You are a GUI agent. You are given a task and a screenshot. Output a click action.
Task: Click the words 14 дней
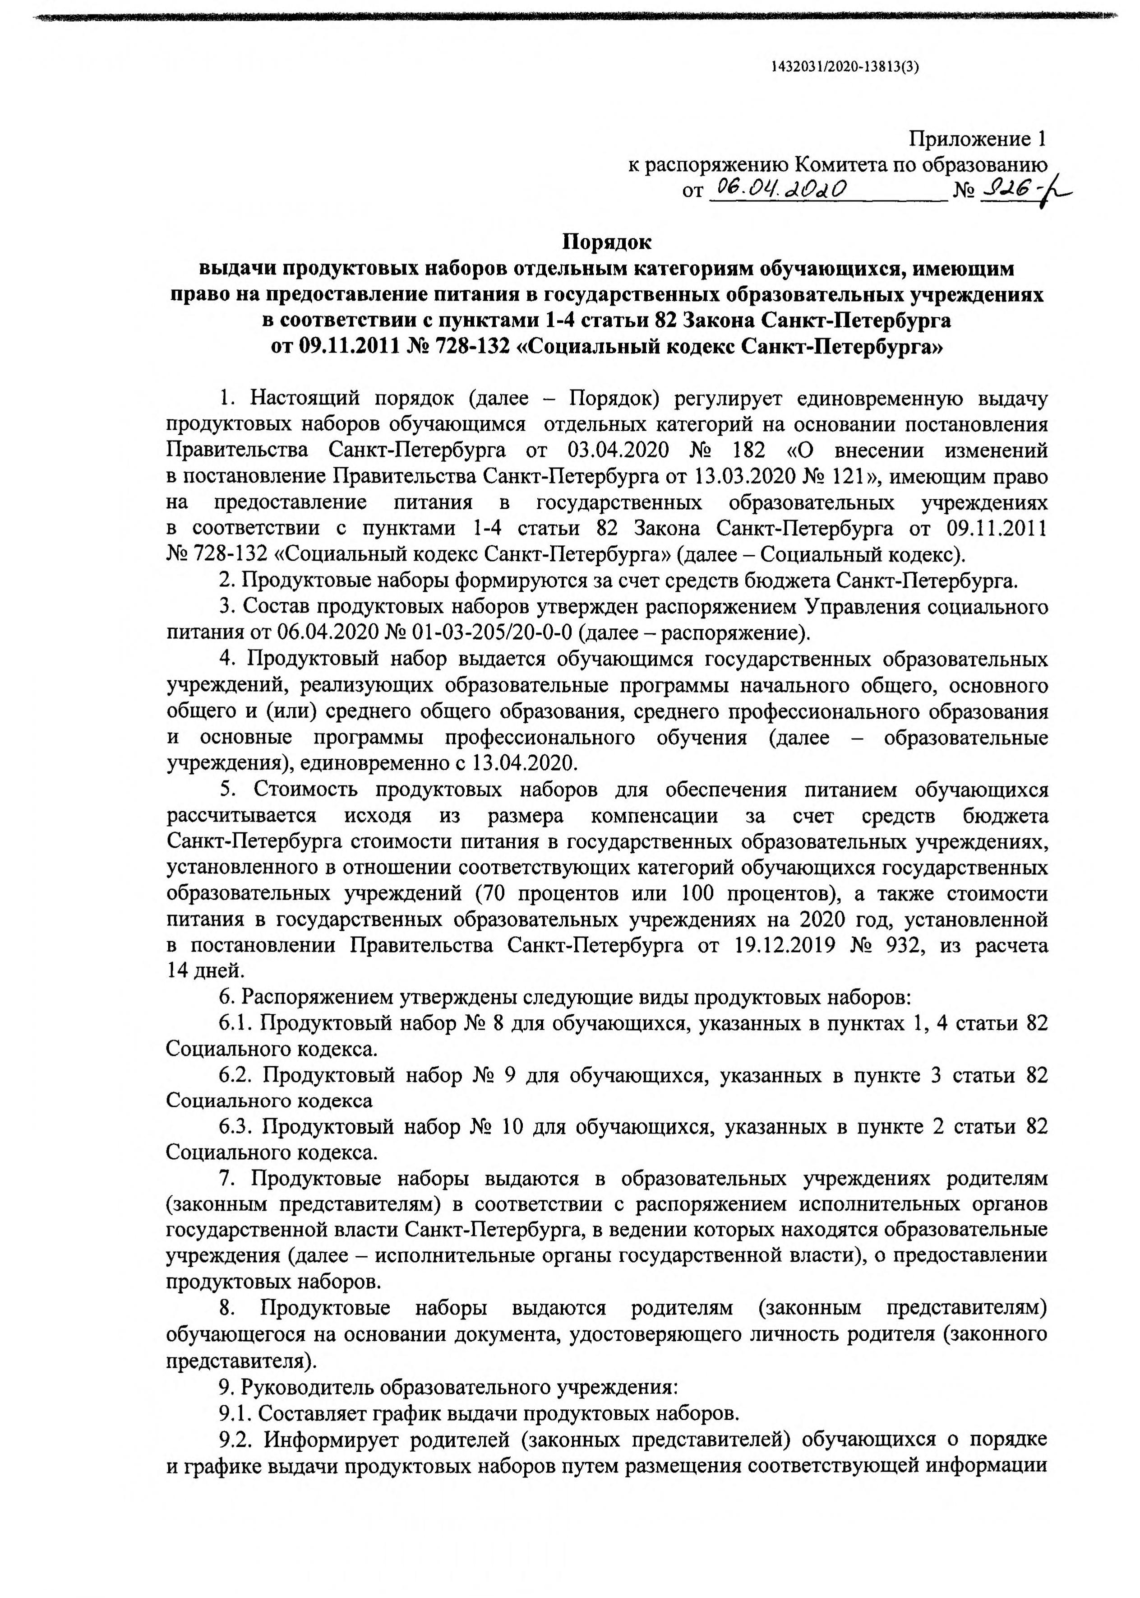click(x=206, y=971)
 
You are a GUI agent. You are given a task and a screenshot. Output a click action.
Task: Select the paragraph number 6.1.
click(x=236, y=1023)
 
